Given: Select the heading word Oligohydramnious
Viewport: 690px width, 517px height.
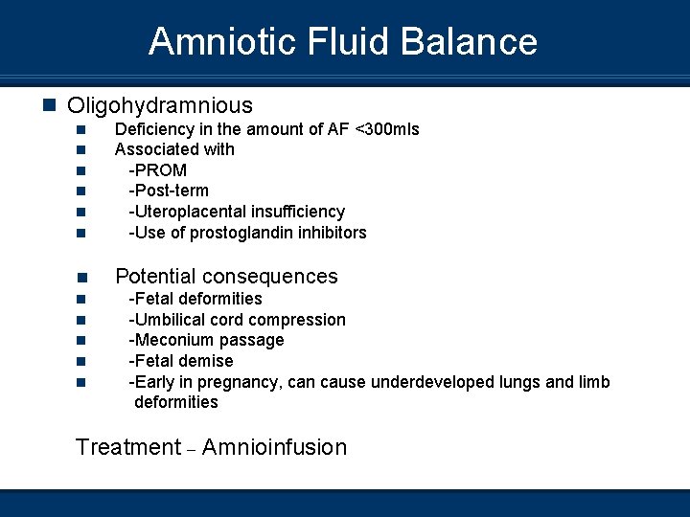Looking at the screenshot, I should coord(160,105).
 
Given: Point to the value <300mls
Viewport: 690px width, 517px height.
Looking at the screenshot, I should coord(387,128).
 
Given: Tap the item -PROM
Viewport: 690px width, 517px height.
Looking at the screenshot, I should coord(158,170).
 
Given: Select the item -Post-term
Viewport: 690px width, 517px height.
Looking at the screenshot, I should coord(169,191).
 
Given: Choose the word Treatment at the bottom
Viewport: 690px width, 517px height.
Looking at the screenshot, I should coord(127,447).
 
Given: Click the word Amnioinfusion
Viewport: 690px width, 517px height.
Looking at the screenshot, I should coord(274,447).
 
